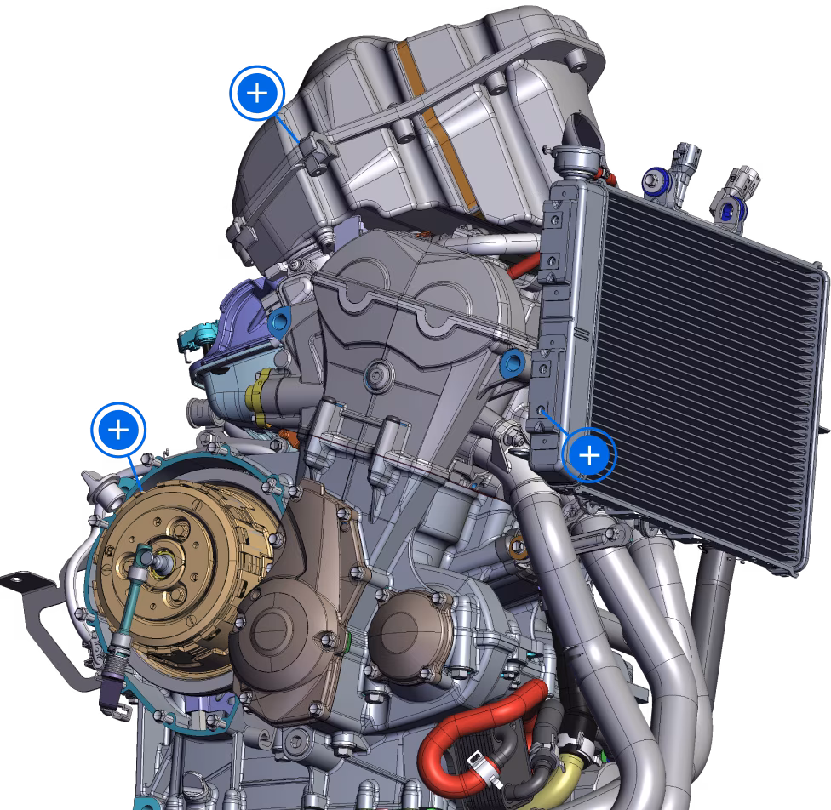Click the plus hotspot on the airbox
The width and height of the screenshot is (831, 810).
click(256, 94)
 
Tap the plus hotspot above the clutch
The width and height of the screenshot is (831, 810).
click(119, 429)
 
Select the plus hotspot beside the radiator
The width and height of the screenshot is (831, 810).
click(589, 456)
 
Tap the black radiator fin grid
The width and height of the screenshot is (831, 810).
click(707, 357)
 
